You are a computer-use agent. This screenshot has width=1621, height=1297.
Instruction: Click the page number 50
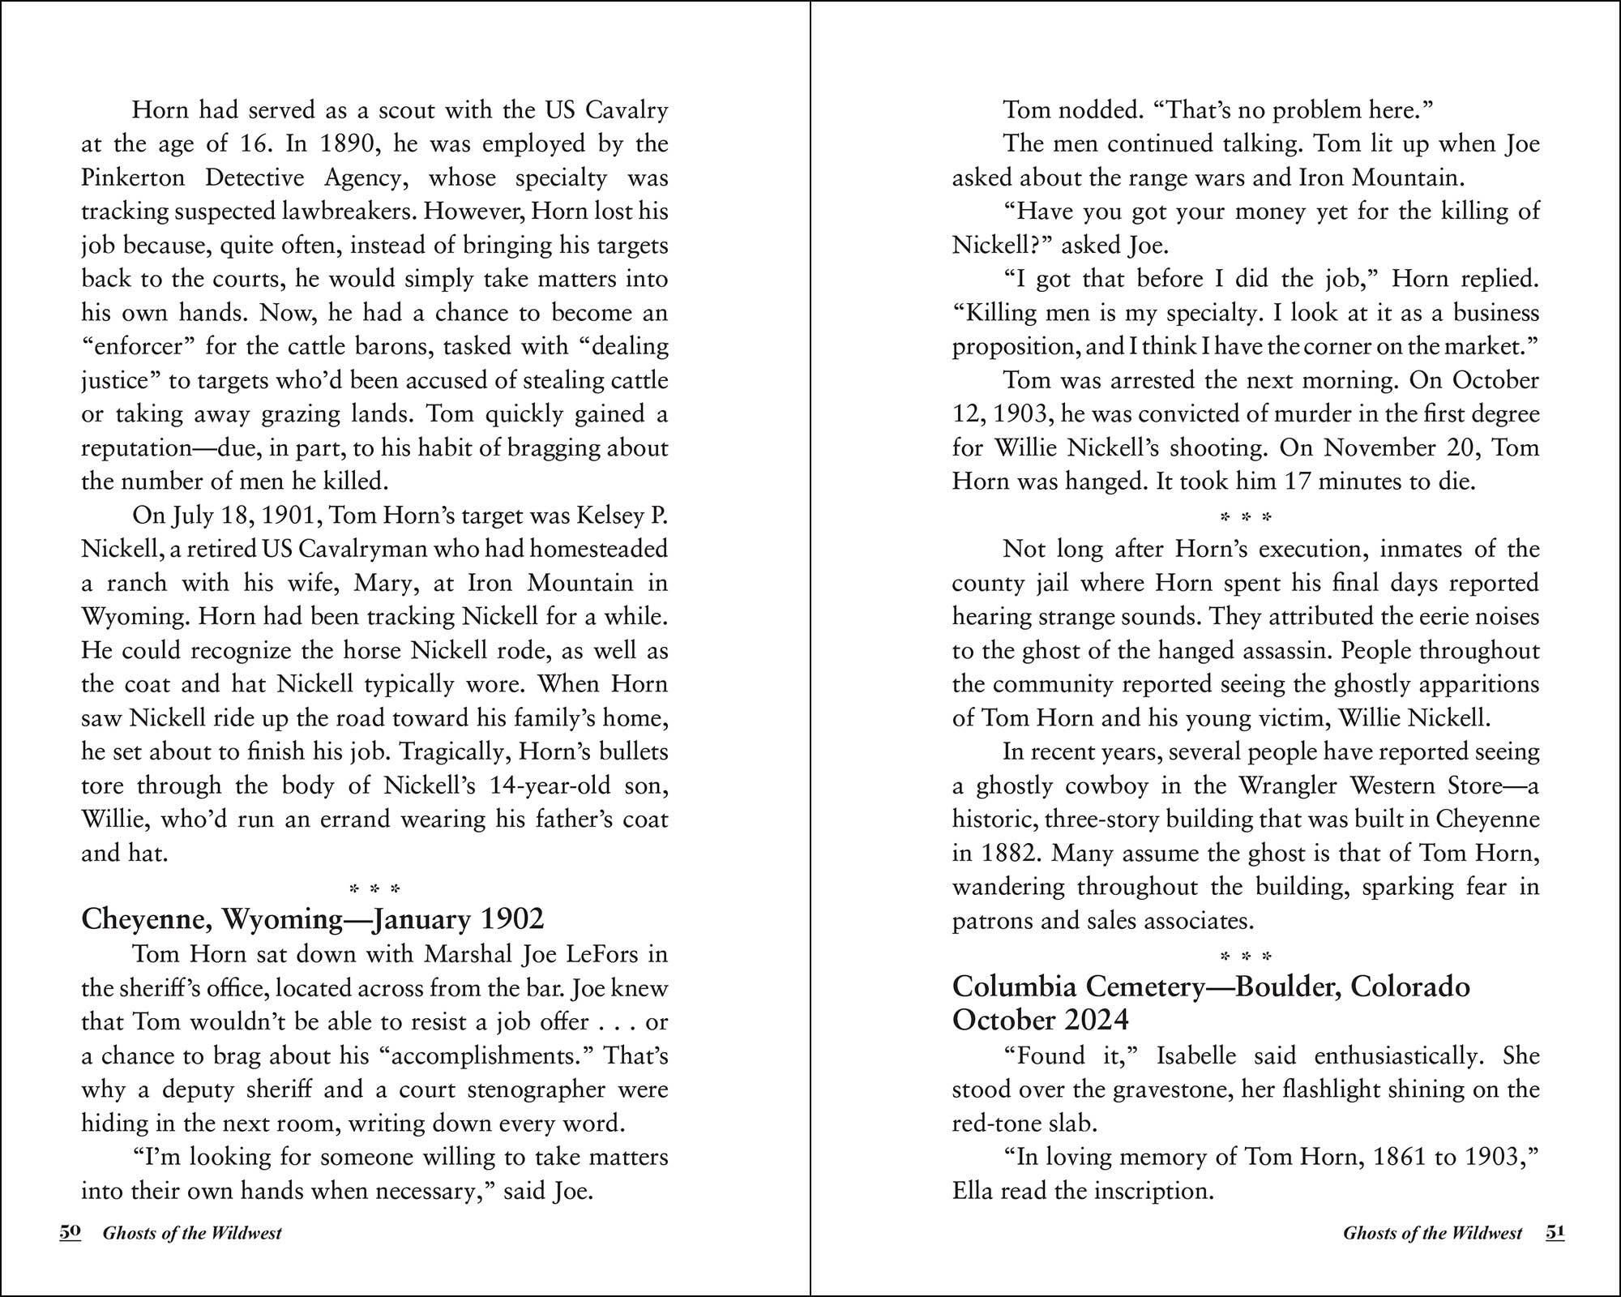(71, 1232)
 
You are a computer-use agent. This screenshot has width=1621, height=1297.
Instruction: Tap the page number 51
(1555, 1232)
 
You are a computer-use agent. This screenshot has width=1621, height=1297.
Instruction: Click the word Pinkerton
(133, 178)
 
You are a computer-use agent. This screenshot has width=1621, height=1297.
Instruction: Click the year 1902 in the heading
(511, 919)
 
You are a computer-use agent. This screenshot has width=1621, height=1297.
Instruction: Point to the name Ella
(973, 1191)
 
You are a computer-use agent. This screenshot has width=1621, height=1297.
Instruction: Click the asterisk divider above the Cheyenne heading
(374, 889)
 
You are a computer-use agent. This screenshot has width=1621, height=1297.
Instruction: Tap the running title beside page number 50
(192, 1233)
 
